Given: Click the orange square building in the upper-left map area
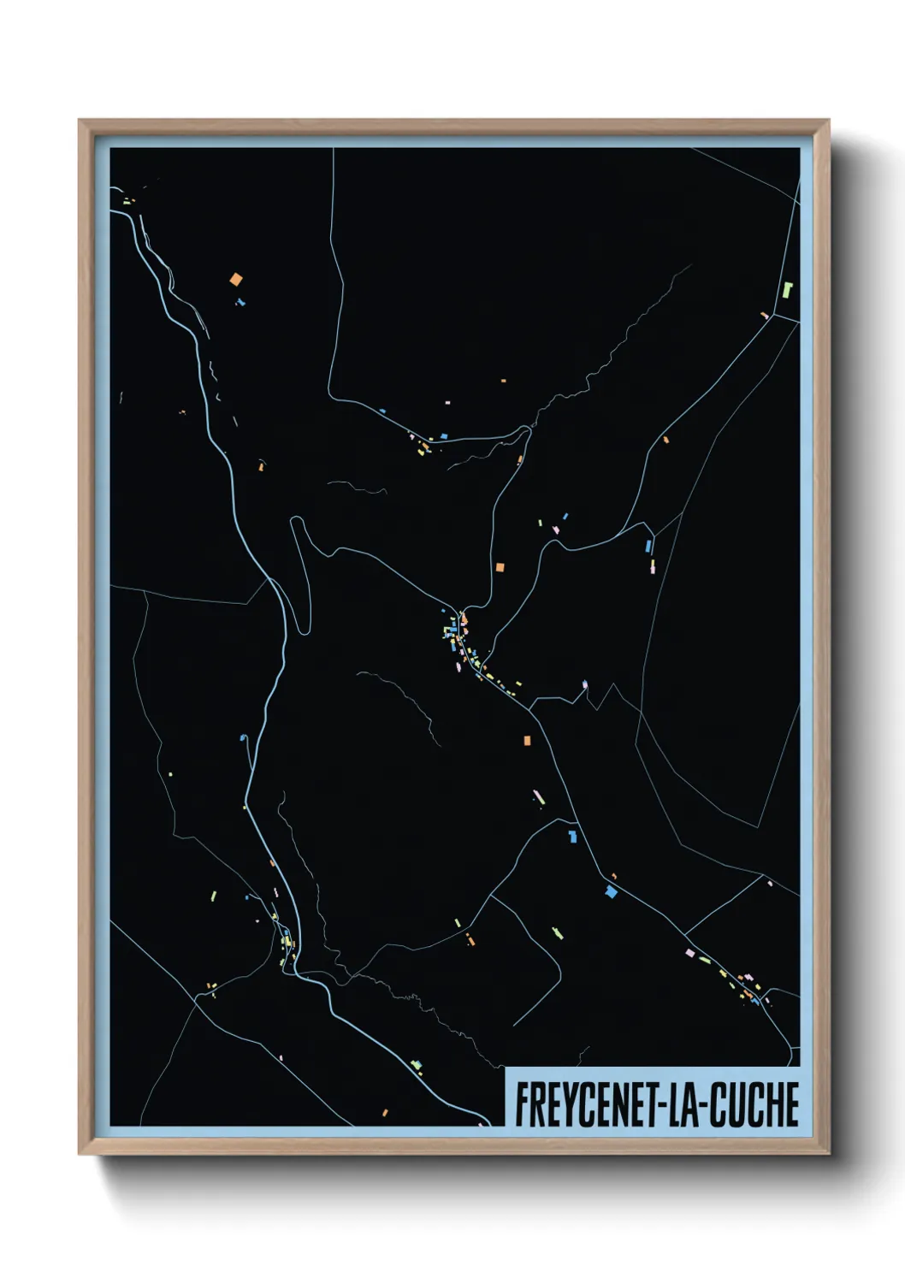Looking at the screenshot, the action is [x=236, y=279].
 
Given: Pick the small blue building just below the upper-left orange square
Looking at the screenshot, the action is [x=240, y=301].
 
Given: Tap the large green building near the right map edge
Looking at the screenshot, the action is [x=788, y=289].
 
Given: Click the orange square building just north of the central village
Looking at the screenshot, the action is [x=500, y=566].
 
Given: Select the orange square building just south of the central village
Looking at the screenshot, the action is [x=527, y=740].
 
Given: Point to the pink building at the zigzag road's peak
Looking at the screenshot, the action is [x=585, y=683].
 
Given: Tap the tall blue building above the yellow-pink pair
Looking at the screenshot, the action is [x=648, y=545].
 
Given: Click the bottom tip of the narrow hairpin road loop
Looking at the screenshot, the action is [x=302, y=631].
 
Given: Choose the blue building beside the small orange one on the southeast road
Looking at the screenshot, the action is [x=611, y=892].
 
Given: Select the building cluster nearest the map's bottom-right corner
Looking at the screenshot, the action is [x=744, y=984].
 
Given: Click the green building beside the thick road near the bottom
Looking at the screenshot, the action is [x=417, y=1066].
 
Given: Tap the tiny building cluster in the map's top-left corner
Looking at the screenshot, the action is [x=128, y=202].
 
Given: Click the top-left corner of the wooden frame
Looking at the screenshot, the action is [x=80, y=121].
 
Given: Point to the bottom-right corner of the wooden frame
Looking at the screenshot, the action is [x=829, y=1154].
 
